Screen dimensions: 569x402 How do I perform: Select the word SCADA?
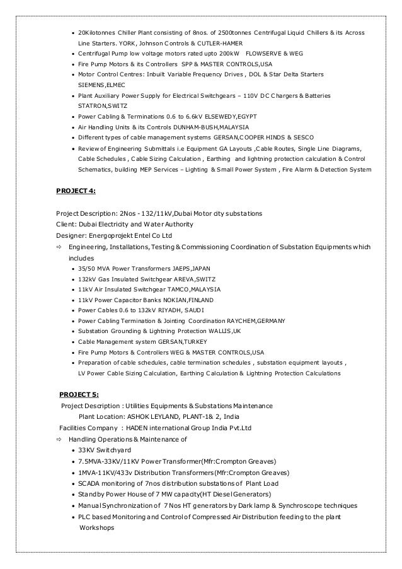[x=88, y=484]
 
